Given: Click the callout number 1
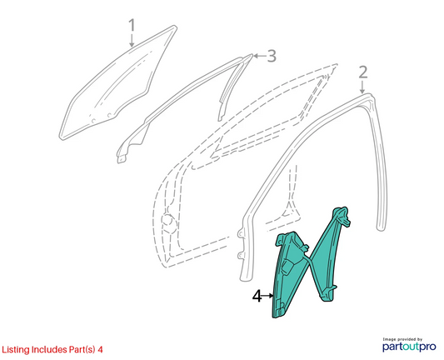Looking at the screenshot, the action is coord(132,25).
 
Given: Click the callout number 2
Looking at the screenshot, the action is coord(363,72).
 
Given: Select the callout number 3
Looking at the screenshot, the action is coord(272,56).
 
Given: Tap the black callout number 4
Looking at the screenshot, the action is coord(257,297).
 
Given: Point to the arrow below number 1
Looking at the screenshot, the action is coord(132,40).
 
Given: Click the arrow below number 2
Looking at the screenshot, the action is coord(362,87).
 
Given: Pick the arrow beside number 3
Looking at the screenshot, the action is coord(259,56).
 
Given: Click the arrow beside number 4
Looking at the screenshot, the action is coord(267,296).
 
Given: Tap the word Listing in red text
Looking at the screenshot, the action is coord(16,350).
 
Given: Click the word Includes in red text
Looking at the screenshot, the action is coord(49,349).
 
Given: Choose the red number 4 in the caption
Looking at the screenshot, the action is coord(100,349).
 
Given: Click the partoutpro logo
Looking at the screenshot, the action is coord(409,347).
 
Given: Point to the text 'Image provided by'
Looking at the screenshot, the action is coord(402,339).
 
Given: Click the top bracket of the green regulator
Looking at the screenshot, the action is coord(342,214).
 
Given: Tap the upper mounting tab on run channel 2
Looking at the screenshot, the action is coord(241,232).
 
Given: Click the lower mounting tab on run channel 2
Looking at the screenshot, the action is coord(241,255).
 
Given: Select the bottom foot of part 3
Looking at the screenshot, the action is coord(122,159).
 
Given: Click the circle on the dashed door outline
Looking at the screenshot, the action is coord(167,220).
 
